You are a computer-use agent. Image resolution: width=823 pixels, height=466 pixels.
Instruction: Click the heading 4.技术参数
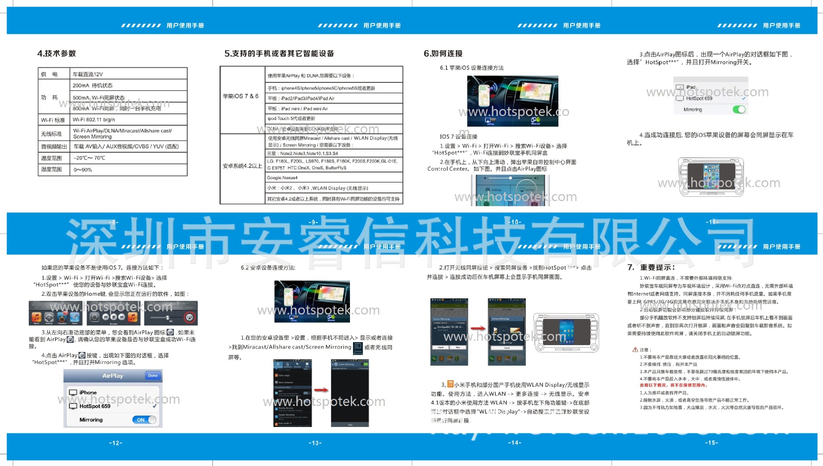point(56,54)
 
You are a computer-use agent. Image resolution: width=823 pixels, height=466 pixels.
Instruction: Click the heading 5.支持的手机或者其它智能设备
point(279,54)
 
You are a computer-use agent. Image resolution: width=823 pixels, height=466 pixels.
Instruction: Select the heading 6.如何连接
point(443,54)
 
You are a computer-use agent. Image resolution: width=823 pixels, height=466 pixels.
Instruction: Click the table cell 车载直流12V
point(88,74)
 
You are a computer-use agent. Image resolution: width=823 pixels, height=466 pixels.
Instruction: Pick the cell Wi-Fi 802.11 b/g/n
point(93,120)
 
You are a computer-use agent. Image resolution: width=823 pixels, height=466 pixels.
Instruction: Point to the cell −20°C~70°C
point(89,158)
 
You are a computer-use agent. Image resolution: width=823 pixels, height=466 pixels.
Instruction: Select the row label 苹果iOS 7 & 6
point(241,96)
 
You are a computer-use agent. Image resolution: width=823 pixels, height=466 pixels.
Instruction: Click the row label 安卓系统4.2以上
point(242,166)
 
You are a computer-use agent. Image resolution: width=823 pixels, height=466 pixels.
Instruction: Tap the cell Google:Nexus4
point(282,177)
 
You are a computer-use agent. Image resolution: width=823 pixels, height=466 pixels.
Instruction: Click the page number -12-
point(116,443)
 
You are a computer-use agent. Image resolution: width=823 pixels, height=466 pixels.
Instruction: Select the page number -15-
point(711,442)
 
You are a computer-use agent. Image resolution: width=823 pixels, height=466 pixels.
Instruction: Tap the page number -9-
point(314,222)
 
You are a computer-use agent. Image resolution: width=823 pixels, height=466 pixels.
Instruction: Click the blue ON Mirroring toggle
point(144,420)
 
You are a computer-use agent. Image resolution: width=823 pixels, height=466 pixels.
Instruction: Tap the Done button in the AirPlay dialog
point(153,376)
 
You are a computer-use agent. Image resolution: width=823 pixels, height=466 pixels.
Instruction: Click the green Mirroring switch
point(739,110)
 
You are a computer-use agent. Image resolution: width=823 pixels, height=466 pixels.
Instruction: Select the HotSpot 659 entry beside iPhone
point(95,406)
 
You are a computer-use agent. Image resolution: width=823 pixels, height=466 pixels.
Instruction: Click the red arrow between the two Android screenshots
point(321,390)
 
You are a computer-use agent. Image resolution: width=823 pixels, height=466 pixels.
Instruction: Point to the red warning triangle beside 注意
point(635,349)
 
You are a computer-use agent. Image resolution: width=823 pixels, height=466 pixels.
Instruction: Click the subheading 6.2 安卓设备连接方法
point(268,268)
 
